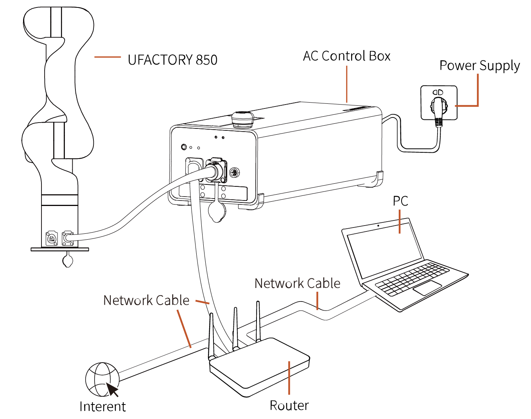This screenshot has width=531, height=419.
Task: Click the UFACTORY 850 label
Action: tap(172, 60)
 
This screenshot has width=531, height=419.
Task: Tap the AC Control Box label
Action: tap(347, 56)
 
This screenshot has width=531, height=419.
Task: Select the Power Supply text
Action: tap(480, 66)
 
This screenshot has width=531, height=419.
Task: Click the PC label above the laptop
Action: tap(400, 201)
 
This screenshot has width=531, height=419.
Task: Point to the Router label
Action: tap(289, 405)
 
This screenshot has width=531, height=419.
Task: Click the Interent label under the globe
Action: tap(103, 406)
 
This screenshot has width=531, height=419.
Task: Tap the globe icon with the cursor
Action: tap(102, 379)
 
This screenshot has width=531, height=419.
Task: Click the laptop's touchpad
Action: tap(427, 288)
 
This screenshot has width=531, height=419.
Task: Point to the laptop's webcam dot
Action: tap(378, 226)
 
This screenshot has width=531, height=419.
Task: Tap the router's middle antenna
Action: tap(236, 329)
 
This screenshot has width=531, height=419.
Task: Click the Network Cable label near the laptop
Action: tap(297, 283)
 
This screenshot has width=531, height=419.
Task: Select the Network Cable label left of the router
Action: tap(146, 300)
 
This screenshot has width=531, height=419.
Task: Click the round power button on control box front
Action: tap(184, 147)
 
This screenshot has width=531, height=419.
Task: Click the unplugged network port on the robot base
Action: tap(52, 238)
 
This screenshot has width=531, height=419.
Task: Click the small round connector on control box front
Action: tap(234, 172)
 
